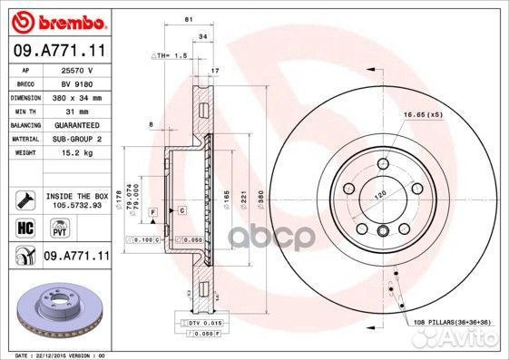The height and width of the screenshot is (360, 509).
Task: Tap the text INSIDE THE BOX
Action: (x=76, y=196)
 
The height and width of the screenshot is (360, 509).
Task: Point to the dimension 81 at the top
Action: (x=187, y=19)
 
